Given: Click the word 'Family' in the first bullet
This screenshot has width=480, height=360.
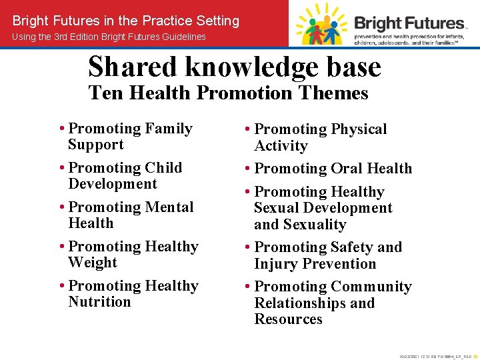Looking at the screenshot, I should tap(168, 129).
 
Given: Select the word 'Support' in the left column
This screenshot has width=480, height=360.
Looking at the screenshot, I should tap(95, 145).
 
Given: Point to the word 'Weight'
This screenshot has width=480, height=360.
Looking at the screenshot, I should tap(92, 263).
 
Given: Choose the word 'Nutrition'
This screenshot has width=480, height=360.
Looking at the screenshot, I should tap(99, 302).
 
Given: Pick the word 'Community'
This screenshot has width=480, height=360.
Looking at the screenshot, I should tap(371, 287).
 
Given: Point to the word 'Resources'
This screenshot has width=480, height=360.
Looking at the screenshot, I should tap(288, 319).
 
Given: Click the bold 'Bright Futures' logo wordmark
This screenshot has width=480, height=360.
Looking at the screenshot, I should tap(409, 23).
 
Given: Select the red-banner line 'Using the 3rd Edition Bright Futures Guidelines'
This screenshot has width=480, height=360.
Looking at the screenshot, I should tap(109, 37).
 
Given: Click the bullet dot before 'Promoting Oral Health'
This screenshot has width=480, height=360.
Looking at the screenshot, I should tap(248, 169).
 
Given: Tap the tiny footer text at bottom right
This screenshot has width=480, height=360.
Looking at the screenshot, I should tap(437, 357).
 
